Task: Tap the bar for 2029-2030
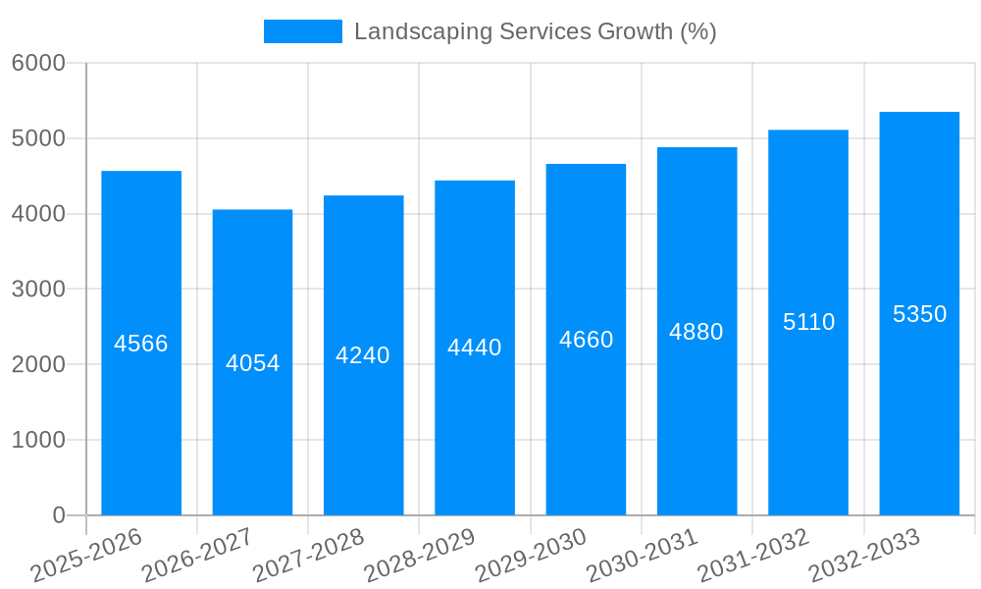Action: [586, 412]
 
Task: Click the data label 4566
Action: [141, 344]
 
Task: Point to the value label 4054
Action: [252, 363]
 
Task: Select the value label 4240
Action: [363, 355]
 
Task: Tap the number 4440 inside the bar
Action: [475, 348]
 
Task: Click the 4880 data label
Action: [697, 332]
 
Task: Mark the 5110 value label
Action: [808, 322]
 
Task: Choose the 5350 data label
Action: [919, 314]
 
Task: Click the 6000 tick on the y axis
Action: [38, 63]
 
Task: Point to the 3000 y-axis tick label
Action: [38, 290]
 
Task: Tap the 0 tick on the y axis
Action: [58, 515]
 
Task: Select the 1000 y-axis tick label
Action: [38, 440]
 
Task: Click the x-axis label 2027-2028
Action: [308, 556]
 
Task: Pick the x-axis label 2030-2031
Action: [642, 556]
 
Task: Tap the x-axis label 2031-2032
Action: [752, 556]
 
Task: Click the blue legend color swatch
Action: [303, 31]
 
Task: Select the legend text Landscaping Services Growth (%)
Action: [535, 31]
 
